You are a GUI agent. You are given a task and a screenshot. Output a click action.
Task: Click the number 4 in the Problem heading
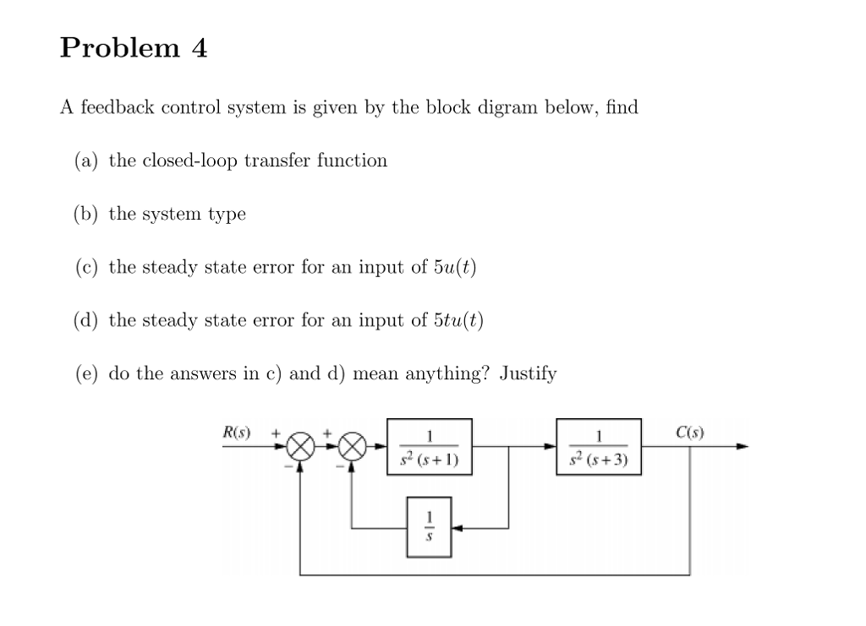[x=199, y=48]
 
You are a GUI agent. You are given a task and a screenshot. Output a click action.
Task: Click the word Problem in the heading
[x=119, y=49]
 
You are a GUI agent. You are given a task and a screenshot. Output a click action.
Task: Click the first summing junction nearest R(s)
[x=299, y=447]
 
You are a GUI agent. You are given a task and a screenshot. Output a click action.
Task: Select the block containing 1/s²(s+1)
[x=429, y=447]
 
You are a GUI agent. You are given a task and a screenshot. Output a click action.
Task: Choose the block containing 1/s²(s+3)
[x=599, y=447]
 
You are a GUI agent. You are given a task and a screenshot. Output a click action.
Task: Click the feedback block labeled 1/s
[x=429, y=527]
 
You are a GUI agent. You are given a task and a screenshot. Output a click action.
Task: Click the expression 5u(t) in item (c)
[x=455, y=267]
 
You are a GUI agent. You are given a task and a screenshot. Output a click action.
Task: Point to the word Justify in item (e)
[x=528, y=373]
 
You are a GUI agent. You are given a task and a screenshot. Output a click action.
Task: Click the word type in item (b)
[x=227, y=215]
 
